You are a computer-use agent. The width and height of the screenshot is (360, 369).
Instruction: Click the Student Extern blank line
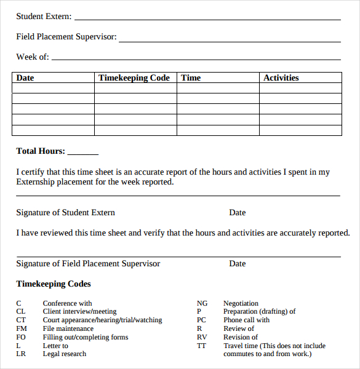pyautogui.click(x=207, y=19)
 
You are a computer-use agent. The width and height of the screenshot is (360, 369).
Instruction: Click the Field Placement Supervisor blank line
pyautogui.click(x=230, y=41)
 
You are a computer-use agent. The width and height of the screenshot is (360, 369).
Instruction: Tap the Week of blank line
pyautogui.click(x=196, y=59)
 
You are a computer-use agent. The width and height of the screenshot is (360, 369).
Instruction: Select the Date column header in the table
pyautogui.click(x=25, y=78)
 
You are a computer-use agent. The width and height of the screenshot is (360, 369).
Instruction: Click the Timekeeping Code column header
pyautogui.click(x=134, y=78)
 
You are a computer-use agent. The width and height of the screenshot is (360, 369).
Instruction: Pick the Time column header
pyautogui.click(x=191, y=78)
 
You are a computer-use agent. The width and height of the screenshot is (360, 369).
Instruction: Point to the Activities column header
pyautogui.click(x=281, y=78)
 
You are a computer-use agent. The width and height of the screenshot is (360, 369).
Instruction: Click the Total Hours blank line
pyautogui.click(x=82, y=154)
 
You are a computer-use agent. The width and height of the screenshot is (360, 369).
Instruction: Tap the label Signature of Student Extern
pyautogui.click(x=65, y=213)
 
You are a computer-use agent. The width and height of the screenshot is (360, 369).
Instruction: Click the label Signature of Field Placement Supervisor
pyautogui.click(x=88, y=264)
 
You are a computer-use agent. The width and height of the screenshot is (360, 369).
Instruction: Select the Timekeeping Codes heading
pyautogui.click(x=54, y=284)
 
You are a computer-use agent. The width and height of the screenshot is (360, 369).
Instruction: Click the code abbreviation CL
pyautogui.click(x=21, y=312)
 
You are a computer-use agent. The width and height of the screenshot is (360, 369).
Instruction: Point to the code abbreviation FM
pyautogui.click(x=22, y=328)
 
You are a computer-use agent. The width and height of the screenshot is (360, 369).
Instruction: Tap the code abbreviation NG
pyautogui.click(x=202, y=303)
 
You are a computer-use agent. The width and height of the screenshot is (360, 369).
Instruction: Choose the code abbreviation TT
pyautogui.click(x=201, y=346)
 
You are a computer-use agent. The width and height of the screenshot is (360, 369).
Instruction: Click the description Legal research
pyautogui.click(x=65, y=354)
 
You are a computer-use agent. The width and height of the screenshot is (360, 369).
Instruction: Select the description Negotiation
pyautogui.click(x=241, y=303)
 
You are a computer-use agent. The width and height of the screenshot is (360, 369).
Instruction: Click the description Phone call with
pyautogui.click(x=246, y=320)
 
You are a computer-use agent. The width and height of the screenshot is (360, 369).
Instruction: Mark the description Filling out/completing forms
pyautogui.click(x=86, y=337)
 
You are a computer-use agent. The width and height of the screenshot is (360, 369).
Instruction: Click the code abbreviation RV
pyautogui.click(x=202, y=337)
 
